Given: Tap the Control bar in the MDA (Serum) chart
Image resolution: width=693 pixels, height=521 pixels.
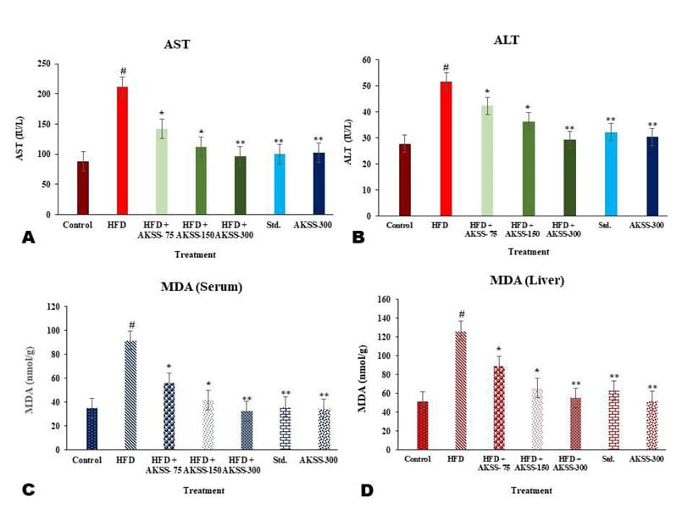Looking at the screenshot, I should (91, 429).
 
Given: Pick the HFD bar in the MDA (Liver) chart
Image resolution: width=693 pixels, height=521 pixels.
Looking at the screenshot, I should (461, 390).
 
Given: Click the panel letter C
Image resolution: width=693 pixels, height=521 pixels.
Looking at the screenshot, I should (28, 489).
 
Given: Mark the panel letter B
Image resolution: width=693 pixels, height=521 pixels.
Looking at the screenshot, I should (358, 238).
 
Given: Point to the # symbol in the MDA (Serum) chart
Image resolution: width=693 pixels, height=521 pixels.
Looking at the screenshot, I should (131, 325).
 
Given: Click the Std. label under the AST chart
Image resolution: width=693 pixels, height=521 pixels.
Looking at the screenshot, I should (280, 225).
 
